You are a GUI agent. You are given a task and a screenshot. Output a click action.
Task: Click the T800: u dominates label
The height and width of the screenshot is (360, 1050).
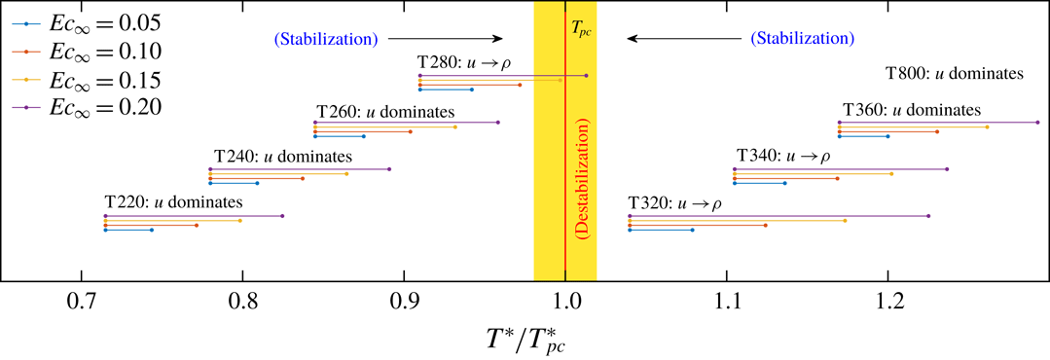[954, 73]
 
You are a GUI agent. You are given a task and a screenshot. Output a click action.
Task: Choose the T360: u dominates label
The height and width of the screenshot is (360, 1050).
[911, 110]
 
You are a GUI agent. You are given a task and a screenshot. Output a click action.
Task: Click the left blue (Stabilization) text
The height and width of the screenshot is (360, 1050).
[325, 40]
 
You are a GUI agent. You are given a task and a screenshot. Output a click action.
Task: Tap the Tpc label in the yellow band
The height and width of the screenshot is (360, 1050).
[581, 30]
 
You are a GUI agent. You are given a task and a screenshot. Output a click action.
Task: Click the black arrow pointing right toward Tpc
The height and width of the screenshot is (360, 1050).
[444, 40]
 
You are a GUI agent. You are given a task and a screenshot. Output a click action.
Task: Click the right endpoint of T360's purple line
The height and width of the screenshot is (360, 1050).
[1038, 122]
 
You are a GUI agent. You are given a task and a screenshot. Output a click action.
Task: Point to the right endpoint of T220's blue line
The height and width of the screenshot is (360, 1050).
[152, 230]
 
